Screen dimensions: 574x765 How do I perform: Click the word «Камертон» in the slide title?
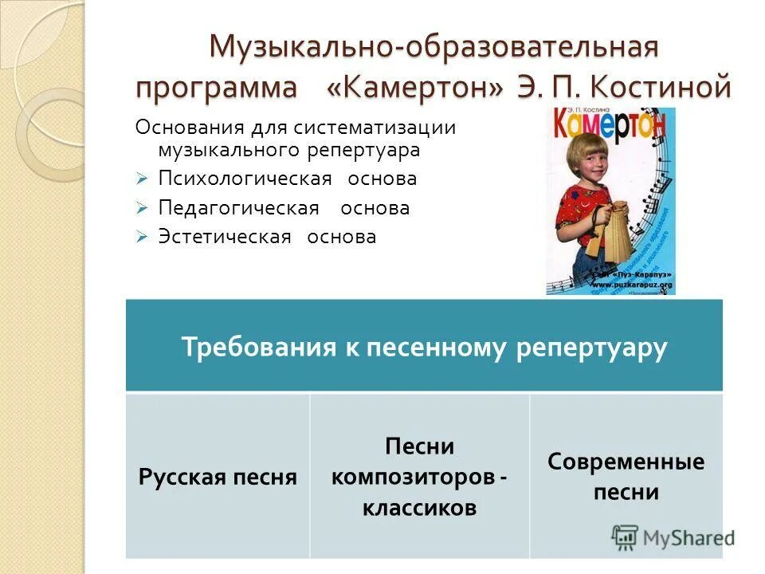pos(414,87)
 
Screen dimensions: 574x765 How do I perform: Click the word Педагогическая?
pos(238,208)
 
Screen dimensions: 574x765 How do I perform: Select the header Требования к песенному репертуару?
pos(423,348)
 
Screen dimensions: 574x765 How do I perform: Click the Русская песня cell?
pos(218,477)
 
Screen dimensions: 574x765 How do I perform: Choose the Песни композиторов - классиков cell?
pos(419,476)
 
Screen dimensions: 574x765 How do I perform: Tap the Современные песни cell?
pos(626,476)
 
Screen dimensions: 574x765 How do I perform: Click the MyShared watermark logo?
pos(673,537)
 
